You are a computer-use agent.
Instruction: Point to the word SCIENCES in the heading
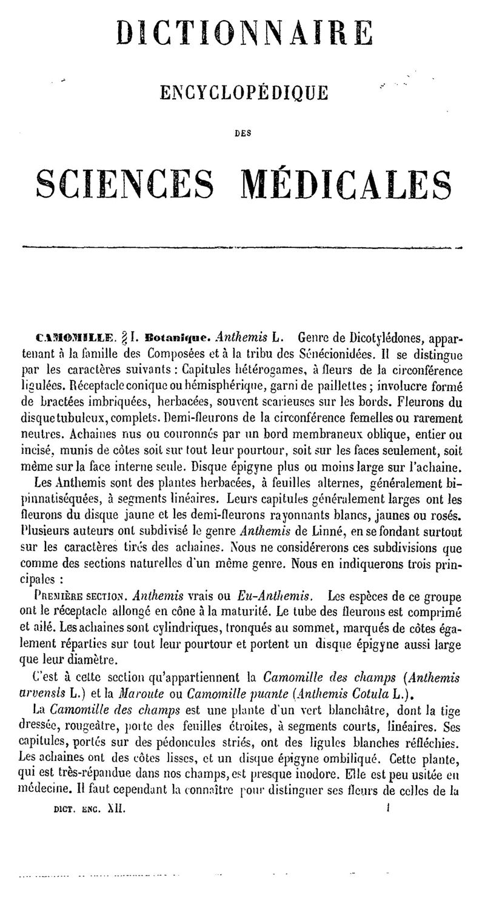[129, 183]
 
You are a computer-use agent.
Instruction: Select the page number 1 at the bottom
[387, 807]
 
